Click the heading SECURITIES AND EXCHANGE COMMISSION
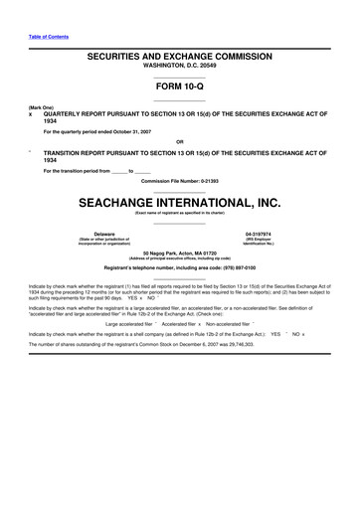[x=179, y=60]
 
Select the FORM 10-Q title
[x=179, y=87]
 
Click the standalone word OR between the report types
[x=179, y=141]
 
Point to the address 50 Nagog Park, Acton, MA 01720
[x=179, y=254]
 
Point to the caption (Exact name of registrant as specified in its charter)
[x=179, y=212]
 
